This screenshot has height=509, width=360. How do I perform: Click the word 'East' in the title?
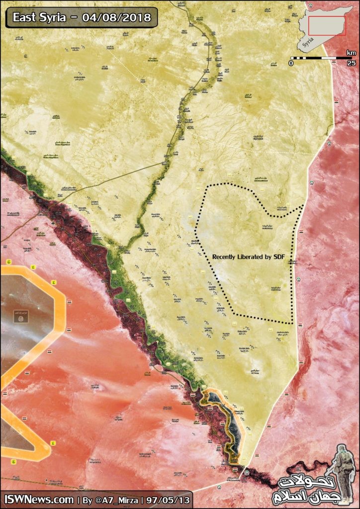coord(24,19)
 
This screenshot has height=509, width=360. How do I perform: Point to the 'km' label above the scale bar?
coord(351,53)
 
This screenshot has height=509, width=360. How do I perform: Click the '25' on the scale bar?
coord(351,64)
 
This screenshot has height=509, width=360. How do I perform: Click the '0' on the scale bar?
coord(291,64)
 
